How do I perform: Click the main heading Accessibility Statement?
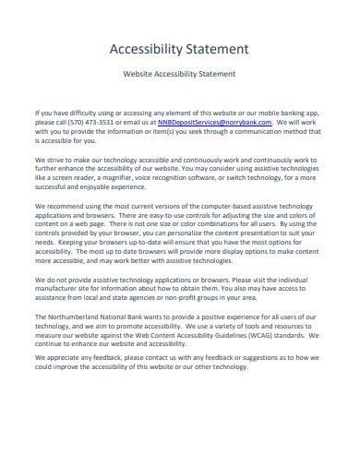coord(179,46)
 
